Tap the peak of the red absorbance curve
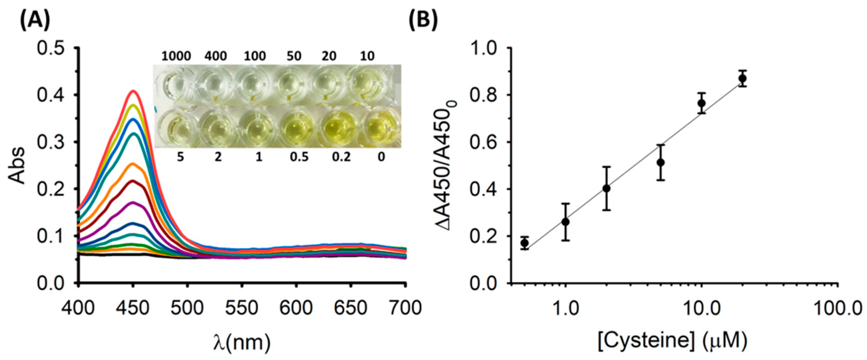coord(133,91)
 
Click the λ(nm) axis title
coord(242,343)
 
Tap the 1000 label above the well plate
coord(176,56)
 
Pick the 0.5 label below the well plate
coord(299,157)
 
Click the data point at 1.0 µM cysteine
coord(566,222)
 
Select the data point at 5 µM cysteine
coord(661,163)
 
